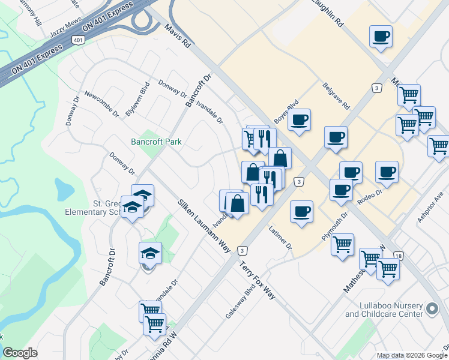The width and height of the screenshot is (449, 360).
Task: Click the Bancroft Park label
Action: click(157, 142)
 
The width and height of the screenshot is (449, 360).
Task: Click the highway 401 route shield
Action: click(77, 40)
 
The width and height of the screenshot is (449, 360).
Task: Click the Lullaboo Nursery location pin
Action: click(432, 309)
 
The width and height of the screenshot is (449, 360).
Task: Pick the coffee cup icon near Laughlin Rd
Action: click(381, 37)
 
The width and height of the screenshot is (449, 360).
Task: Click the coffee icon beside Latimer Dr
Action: click(301, 211)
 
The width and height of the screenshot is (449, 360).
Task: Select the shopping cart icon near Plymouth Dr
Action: click(342, 244)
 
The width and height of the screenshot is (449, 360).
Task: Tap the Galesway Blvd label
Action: click(237, 306)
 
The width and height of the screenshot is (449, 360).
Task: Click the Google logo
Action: click(20, 353)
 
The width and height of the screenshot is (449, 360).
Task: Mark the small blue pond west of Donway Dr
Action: click(62, 190)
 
